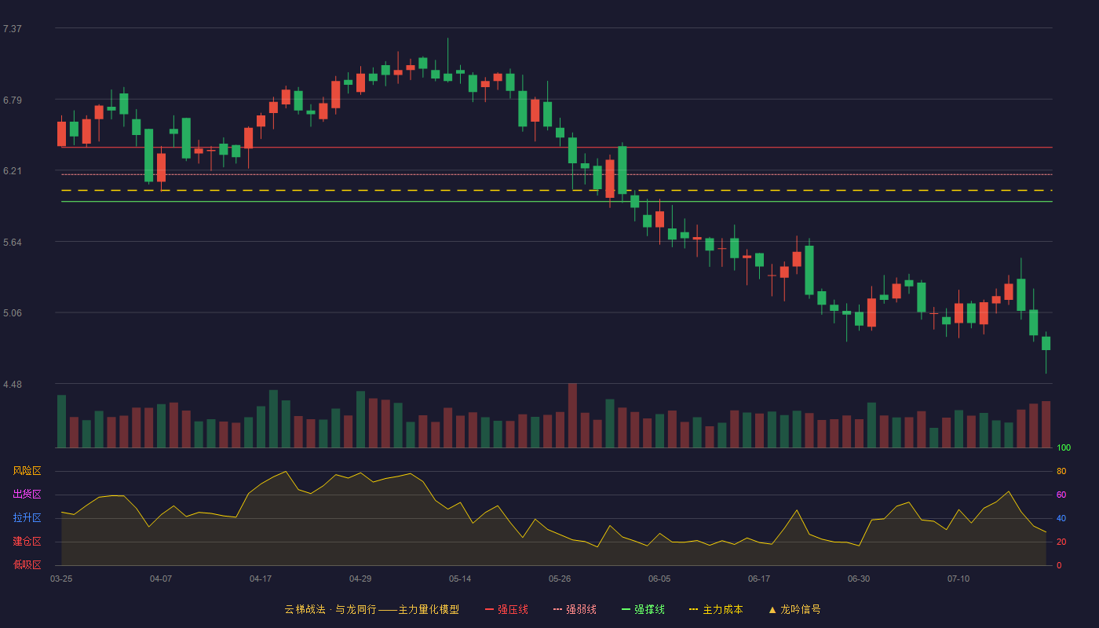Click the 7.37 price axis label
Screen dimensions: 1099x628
(13, 29)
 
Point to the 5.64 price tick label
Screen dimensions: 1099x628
(13, 243)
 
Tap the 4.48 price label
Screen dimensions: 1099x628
(13, 385)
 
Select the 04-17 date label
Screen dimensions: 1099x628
(261, 579)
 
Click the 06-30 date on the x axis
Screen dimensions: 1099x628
(859, 579)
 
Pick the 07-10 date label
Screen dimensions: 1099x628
(958, 579)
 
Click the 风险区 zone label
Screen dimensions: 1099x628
(27, 471)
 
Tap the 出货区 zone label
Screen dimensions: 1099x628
(27, 494)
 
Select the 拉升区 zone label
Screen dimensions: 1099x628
(27, 517)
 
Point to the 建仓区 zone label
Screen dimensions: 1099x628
(27, 541)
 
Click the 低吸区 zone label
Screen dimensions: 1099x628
(27, 564)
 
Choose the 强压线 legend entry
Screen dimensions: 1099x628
(506, 609)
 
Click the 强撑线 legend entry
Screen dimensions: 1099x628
(643, 609)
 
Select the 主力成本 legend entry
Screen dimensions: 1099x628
(716, 609)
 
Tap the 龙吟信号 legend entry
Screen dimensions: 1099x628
(794, 609)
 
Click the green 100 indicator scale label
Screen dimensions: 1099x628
(1064, 447)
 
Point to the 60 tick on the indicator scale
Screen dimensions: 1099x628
(1061, 495)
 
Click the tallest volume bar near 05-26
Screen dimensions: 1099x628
(572, 415)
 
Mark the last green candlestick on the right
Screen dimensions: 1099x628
(1046, 344)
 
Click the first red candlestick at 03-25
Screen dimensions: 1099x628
(61, 133)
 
